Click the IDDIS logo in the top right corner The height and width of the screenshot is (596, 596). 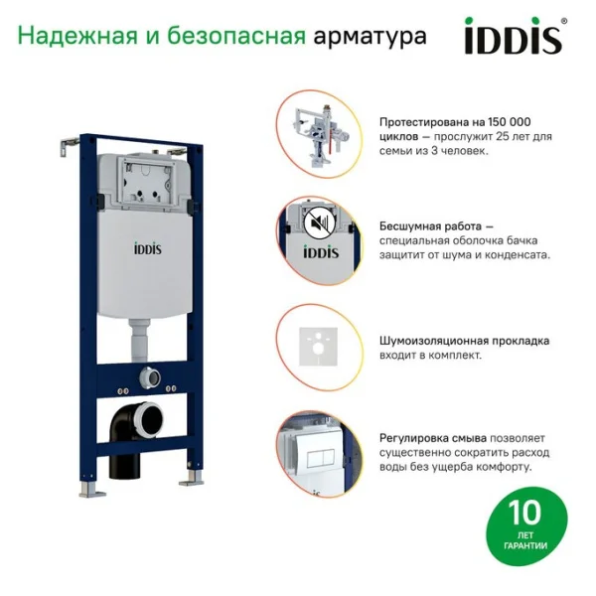pyautogui.click(x=513, y=38)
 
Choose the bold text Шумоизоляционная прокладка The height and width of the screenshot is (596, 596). pyautogui.click(x=463, y=341)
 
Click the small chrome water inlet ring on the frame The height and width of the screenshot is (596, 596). pyautogui.click(x=154, y=377)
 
